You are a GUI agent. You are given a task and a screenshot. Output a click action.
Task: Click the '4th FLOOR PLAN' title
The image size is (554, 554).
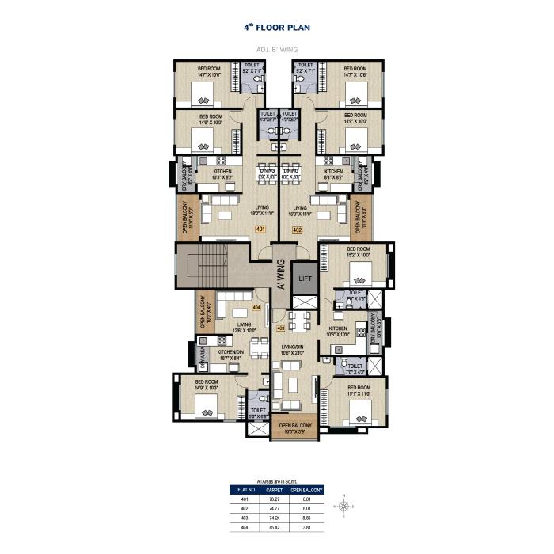(x=277, y=28)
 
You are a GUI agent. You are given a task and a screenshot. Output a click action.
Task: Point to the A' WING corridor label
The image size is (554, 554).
(x=279, y=278)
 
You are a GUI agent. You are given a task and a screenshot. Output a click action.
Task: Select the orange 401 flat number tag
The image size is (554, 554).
(x=260, y=230)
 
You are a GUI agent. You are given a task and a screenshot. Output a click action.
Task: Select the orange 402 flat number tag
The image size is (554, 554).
(x=298, y=230)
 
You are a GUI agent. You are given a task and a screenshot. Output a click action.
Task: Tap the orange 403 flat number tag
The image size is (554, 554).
(x=280, y=327)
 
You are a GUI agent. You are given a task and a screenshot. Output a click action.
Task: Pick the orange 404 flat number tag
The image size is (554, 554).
(x=256, y=306)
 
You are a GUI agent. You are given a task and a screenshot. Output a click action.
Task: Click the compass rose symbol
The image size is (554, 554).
(x=345, y=503)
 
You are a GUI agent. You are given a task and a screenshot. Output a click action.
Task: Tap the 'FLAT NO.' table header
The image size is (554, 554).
(x=245, y=491)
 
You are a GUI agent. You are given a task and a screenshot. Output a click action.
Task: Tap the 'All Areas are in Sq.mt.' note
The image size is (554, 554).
(x=277, y=481)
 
